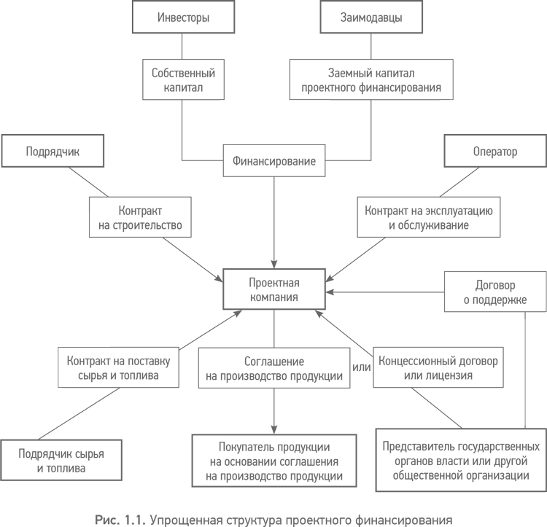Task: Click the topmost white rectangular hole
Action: tap(275, 122)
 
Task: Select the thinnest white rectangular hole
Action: tap(385, 420)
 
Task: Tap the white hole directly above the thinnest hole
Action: tap(385, 308)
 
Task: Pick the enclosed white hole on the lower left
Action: tap(165, 414)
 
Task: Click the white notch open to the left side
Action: tap(165, 302)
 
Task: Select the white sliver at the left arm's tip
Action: tap(3, 150)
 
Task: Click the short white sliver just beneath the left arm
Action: tap(90, 225)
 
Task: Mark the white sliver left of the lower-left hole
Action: tap(60, 367)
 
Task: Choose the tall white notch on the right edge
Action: tap(535, 372)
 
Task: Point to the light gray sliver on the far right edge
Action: tap(545, 292)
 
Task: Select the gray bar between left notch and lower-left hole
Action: tap(165, 359)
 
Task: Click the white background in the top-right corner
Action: tap(503, 44)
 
